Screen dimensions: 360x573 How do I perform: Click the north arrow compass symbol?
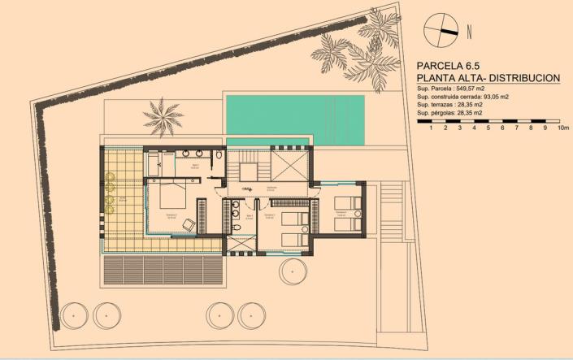click(x=441, y=30)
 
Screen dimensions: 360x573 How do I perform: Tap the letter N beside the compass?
click(x=470, y=33)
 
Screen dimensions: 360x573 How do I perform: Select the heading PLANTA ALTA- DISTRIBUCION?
click(x=488, y=78)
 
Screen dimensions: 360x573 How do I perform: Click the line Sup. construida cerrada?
click(x=461, y=96)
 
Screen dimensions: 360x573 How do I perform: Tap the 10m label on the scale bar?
click(x=564, y=128)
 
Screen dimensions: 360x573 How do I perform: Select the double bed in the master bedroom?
click(x=172, y=197)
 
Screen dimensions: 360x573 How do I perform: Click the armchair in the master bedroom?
click(x=189, y=224)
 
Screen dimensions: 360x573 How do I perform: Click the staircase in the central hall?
click(x=244, y=172)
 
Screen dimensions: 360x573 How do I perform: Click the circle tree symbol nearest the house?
click(x=294, y=270)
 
